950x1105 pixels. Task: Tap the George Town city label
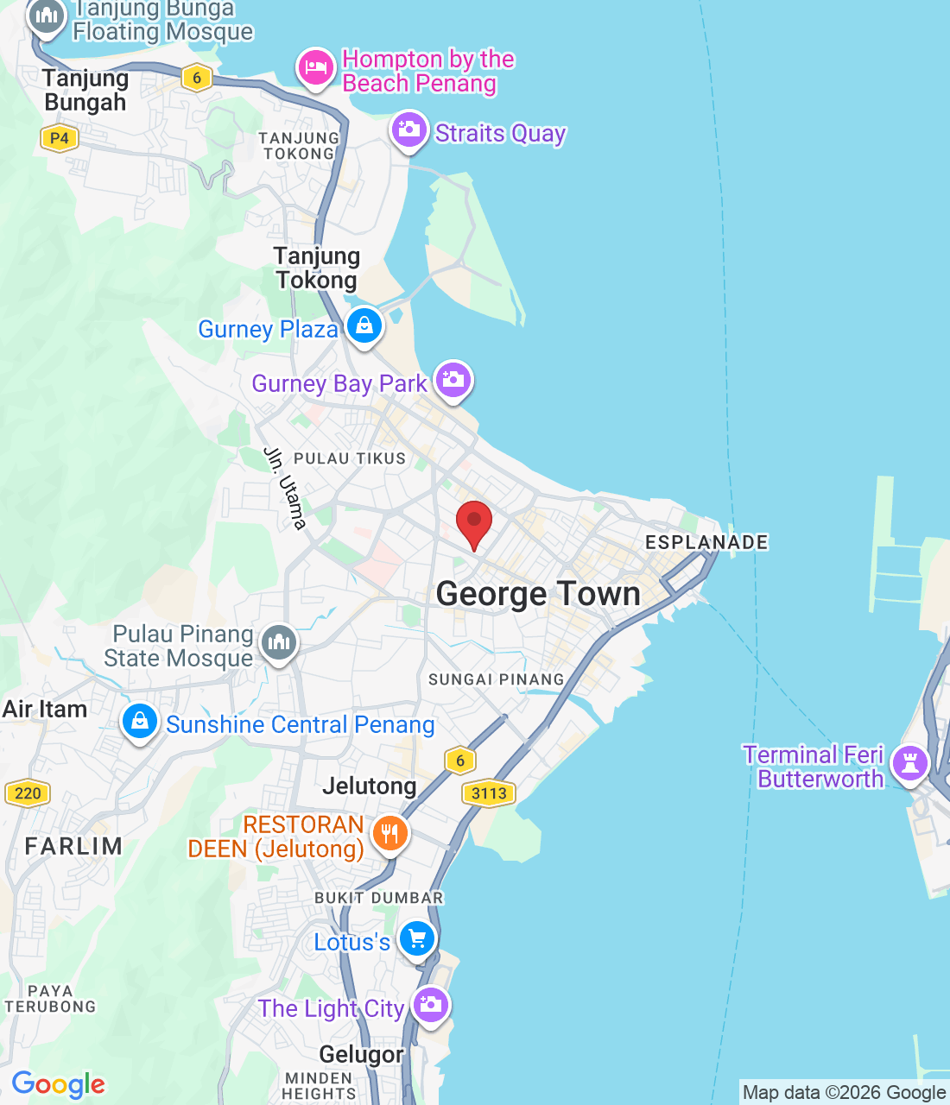538,594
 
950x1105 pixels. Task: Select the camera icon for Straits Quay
408,131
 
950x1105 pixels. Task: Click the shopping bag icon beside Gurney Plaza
364,326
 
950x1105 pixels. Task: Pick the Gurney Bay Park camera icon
453,380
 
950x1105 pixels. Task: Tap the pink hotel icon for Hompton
316,67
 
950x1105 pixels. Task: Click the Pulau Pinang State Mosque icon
279,642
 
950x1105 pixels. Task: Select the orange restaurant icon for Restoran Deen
389,833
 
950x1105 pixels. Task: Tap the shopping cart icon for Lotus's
417,938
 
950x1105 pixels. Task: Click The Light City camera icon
430,1005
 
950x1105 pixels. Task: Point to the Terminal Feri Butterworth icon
909,763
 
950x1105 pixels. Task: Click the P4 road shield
59,138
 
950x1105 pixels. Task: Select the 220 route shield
28,793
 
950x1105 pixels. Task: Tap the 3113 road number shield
489,793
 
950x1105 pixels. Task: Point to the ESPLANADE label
706,542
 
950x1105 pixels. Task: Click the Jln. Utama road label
285,488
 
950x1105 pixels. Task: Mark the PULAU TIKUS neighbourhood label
350,458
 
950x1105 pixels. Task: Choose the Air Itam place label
45,710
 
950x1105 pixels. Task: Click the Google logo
58,1084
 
